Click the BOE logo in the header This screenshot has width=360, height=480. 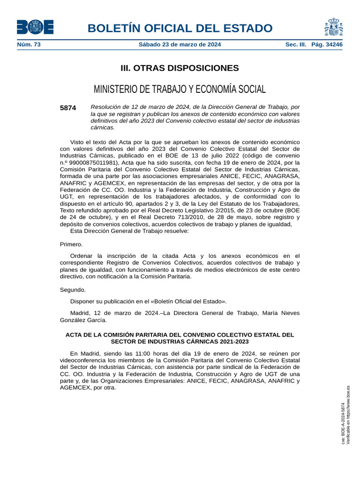coord(35,27)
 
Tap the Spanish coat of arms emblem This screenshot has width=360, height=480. coord(333,27)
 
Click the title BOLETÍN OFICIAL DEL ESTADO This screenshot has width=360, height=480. coord(180,28)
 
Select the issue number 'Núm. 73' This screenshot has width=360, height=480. coord(29,45)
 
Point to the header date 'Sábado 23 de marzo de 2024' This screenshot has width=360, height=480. coord(180,45)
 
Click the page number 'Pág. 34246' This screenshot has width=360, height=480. coord(327,45)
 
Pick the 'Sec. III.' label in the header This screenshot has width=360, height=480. coord(296,45)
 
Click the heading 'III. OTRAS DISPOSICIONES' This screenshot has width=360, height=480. coord(180,68)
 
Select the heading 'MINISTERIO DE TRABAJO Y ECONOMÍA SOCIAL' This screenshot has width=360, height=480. coord(180,89)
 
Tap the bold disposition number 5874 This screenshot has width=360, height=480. coord(68,108)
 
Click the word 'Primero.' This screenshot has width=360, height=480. coord(71,244)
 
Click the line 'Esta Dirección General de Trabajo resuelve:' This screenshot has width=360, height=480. coord(129,231)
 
